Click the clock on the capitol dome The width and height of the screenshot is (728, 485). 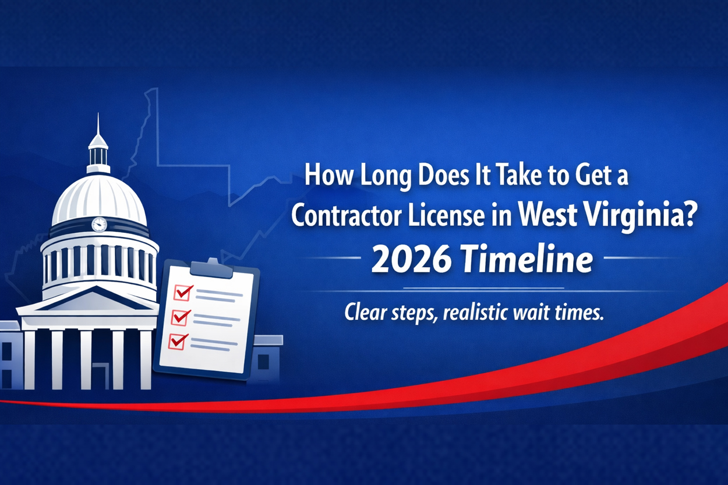tap(99, 224)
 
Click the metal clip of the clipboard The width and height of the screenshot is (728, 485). tap(212, 267)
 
